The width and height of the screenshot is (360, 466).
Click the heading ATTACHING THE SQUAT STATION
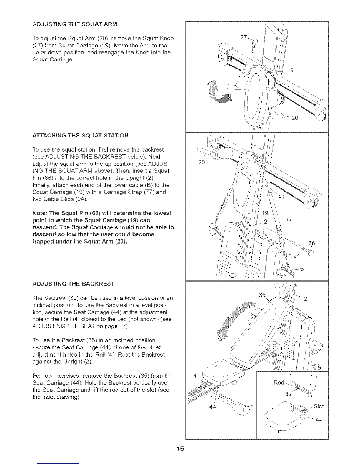pyautogui.click(x=80, y=135)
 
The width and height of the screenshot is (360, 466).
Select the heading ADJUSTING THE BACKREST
pyautogui.click(x=74, y=284)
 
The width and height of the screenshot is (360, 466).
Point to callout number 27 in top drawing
pyautogui.click(x=244, y=37)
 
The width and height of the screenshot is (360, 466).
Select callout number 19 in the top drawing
pyautogui.click(x=290, y=71)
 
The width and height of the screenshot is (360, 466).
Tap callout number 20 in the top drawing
pyautogui.click(x=295, y=118)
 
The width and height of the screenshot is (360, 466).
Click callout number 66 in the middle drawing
pyautogui.click(x=311, y=243)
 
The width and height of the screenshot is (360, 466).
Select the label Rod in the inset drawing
pyautogui.click(x=279, y=382)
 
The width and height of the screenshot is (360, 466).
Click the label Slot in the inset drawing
pyautogui.click(x=319, y=406)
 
